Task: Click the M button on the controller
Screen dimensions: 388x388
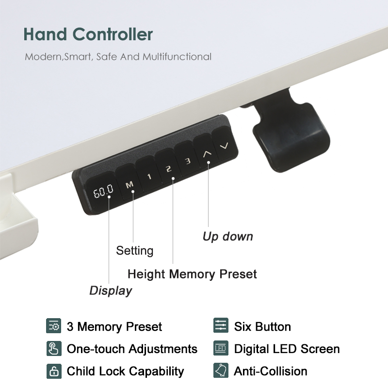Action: (x=129, y=184)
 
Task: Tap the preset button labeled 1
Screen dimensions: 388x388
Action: (x=149, y=176)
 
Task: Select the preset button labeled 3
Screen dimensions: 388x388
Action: (x=187, y=161)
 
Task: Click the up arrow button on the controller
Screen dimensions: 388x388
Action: (x=207, y=153)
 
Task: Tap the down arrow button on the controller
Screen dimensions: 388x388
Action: (x=224, y=145)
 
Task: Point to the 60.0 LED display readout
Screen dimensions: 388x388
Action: (x=103, y=192)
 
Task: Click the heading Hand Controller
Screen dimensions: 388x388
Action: (x=88, y=34)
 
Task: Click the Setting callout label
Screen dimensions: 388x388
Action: (x=134, y=251)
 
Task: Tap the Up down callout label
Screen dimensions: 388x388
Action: (x=227, y=237)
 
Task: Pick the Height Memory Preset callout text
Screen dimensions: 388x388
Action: (x=192, y=274)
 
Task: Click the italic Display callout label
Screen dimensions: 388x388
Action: (x=111, y=291)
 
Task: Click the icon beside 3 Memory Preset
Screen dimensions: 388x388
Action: (x=53, y=326)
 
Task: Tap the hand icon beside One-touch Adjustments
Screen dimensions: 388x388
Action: (x=53, y=349)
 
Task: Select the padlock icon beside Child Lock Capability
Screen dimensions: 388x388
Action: (x=53, y=371)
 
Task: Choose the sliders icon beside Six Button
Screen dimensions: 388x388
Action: (x=221, y=326)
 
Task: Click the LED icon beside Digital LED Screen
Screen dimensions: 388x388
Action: (x=221, y=349)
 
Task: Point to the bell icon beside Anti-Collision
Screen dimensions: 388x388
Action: (x=221, y=371)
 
